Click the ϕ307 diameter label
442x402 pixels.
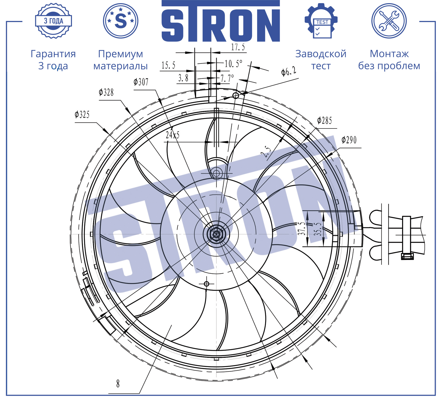point(141,82)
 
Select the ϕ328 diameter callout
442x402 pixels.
point(106,92)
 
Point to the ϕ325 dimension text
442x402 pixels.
point(82,115)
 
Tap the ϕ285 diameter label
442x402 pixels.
point(324,121)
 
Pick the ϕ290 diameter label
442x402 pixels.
point(349,140)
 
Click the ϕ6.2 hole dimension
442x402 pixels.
point(289,71)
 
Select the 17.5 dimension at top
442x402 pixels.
point(238,47)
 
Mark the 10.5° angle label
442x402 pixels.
point(233,64)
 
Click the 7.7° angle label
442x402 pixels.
point(227,78)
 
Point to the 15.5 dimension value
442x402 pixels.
point(168,65)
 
